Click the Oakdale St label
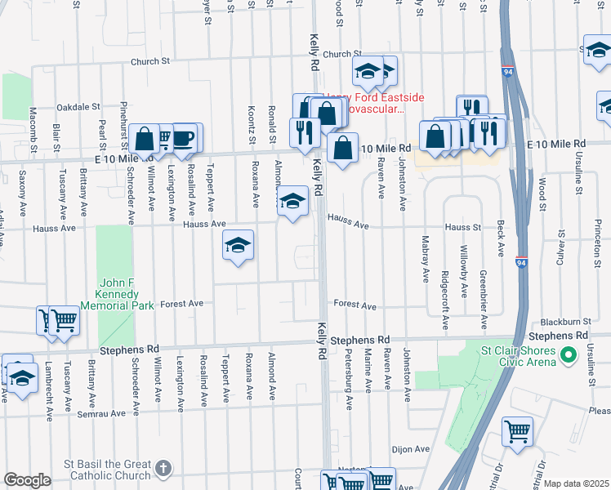[x=78, y=107]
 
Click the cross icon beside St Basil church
[x=163, y=468]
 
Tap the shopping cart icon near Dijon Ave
[x=517, y=430]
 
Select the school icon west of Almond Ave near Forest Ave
[x=238, y=245]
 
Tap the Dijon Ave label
[x=410, y=449]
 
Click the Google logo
[x=27, y=480]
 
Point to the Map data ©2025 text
[x=576, y=483]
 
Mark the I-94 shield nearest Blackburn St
[x=521, y=262]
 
